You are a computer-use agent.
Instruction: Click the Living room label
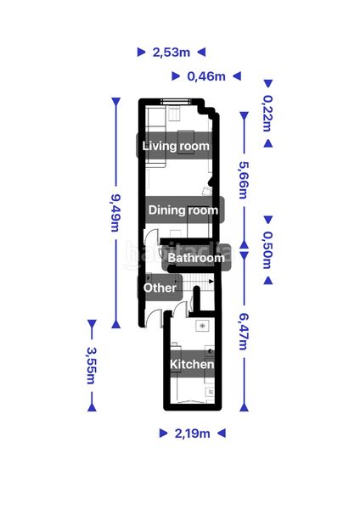(176, 146)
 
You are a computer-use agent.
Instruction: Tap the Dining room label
(183, 210)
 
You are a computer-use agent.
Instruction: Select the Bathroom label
(196, 258)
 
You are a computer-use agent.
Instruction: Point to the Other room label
(160, 288)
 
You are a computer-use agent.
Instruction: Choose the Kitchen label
(192, 364)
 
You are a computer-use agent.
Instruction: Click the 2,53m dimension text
(172, 52)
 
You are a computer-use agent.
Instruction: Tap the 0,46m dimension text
(206, 76)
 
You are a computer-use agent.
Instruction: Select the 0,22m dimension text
(267, 114)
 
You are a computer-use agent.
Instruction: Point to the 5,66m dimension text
(244, 181)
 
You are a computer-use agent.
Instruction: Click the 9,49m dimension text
(116, 213)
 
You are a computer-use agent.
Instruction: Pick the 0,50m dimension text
(267, 250)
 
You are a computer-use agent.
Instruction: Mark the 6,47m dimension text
(244, 332)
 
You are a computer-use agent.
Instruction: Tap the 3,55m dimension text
(92, 366)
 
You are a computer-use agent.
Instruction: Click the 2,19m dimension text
(193, 433)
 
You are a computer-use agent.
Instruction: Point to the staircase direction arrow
(211, 282)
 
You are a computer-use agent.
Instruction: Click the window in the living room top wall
(176, 101)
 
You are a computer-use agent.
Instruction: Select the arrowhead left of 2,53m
(141, 52)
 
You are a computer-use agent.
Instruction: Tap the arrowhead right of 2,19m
(222, 433)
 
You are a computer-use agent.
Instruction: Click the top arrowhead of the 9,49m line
(116, 101)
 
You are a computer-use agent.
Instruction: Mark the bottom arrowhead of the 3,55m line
(92, 407)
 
